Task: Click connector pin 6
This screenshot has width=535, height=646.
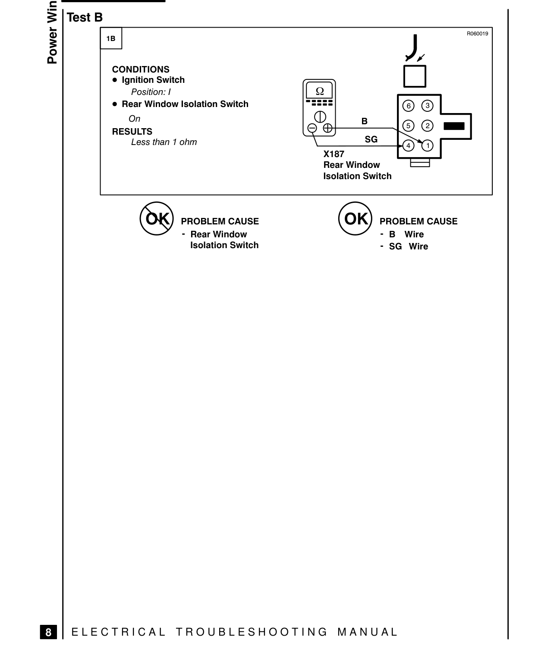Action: [x=408, y=106]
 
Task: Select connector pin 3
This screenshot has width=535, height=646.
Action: [x=427, y=106]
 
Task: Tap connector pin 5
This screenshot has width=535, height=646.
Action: [x=408, y=126]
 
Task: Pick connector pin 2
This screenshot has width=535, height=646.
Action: [x=427, y=126]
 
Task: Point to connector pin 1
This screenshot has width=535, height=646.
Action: [x=427, y=145]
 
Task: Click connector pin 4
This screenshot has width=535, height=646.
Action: [x=408, y=145]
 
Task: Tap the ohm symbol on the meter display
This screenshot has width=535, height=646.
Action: [x=320, y=91]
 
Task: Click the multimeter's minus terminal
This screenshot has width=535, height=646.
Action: [x=312, y=128]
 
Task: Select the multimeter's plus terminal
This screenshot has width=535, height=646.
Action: [x=327, y=128]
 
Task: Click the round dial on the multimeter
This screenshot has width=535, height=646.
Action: [x=320, y=117]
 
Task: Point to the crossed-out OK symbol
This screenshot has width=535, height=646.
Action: [x=157, y=218]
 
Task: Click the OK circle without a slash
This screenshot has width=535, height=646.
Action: [x=355, y=218]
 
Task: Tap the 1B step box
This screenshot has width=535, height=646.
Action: [x=111, y=38]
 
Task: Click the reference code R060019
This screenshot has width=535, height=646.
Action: [x=478, y=34]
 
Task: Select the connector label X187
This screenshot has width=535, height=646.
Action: [x=334, y=154]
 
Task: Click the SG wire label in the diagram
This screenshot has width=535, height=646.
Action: [x=371, y=139]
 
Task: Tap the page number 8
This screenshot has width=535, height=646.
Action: [x=48, y=632]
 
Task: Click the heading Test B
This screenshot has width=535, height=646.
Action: [x=85, y=17]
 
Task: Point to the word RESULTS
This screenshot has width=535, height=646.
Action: [x=132, y=132]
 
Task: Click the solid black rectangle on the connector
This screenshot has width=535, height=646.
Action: [x=454, y=126]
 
